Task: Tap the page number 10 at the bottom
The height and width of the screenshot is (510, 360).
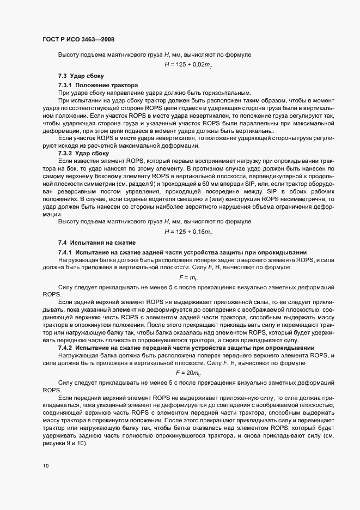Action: (x=45, y=466)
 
